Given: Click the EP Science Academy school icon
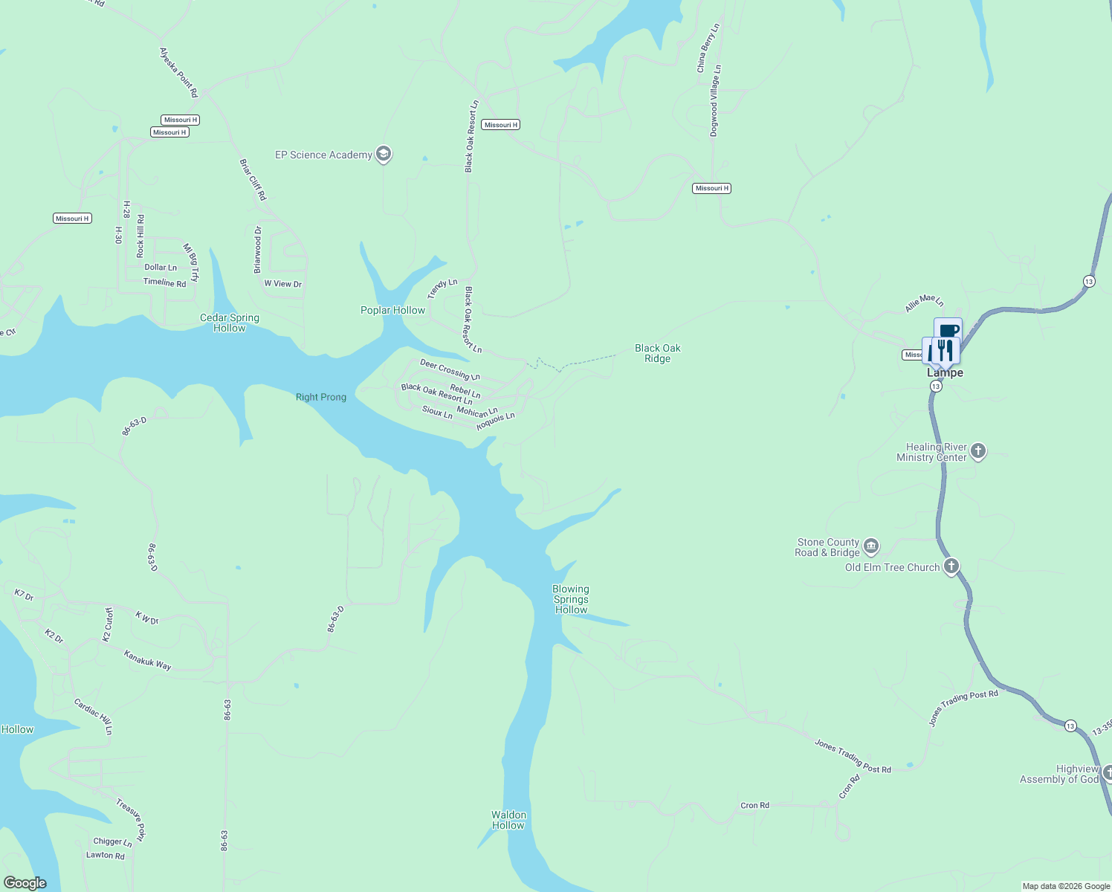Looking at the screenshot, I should pyautogui.click(x=384, y=155).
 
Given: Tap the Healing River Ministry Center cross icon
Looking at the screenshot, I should pyautogui.click(x=978, y=451).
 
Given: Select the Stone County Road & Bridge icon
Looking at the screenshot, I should pyautogui.click(x=871, y=547).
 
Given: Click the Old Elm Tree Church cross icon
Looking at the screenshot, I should pyautogui.click(x=951, y=567).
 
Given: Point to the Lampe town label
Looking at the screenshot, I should pyautogui.click(x=945, y=373).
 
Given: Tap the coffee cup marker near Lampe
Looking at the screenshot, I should pyautogui.click(x=948, y=329).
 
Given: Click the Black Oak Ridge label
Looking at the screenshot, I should pyautogui.click(x=657, y=353).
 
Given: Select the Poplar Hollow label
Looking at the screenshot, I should pyautogui.click(x=392, y=310).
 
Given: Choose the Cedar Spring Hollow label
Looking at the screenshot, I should pyautogui.click(x=230, y=323).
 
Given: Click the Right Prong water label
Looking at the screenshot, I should pyautogui.click(x=321, y=397).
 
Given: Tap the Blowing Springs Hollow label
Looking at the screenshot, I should pyautogui.click(x=571, y=599).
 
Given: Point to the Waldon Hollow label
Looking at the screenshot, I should pyautogui.click(x=508, y=820).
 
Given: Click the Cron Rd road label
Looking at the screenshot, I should pyautogui.click(x=754, y=805).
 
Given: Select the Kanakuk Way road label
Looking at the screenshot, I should pyautogui.click(x=147, y=660).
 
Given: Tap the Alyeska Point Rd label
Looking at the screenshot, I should pyautogui.click(x=179, y=72).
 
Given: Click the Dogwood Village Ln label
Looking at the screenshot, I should pyautogui.click(x=714, y=100).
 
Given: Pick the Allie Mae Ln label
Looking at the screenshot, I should pyautogui.click(x=924, y=303).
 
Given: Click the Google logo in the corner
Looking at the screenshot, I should pyautogui.click(x=25, y=882).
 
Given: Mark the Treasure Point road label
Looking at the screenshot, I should pyautogui.click(x=132, y=820).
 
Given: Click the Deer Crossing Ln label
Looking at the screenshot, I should pyautogui.click(x=450, y=369).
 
